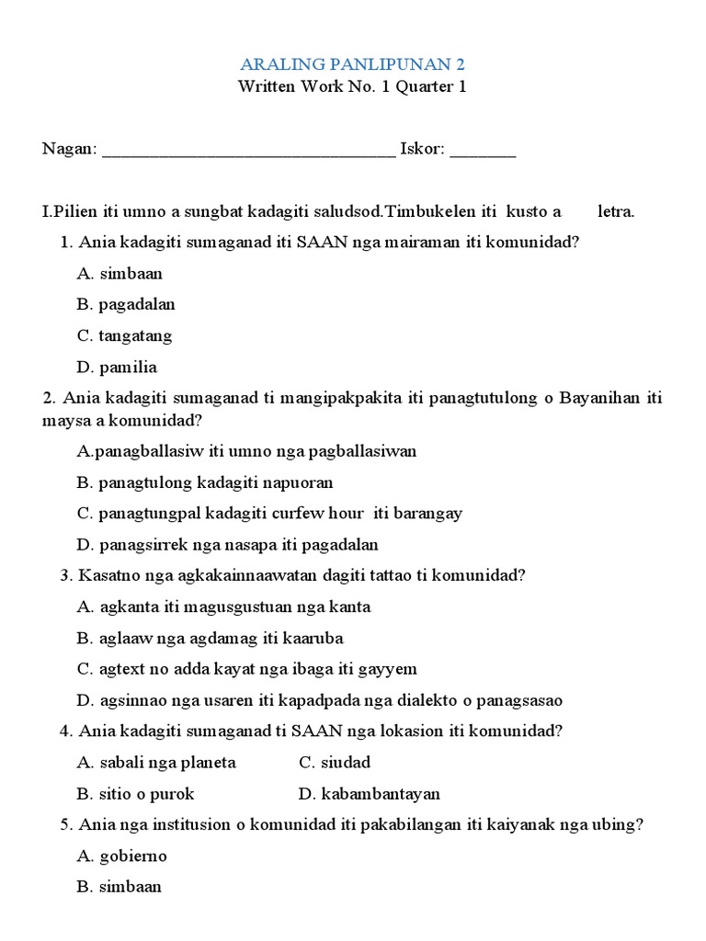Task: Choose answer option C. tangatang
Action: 125,335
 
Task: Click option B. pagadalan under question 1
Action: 126,304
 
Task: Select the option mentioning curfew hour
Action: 269,513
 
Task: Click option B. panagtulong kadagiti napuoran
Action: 205,482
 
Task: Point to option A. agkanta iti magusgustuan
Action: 224,607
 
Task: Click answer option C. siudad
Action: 335,762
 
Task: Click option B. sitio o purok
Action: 135,793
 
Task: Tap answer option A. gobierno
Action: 122,856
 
